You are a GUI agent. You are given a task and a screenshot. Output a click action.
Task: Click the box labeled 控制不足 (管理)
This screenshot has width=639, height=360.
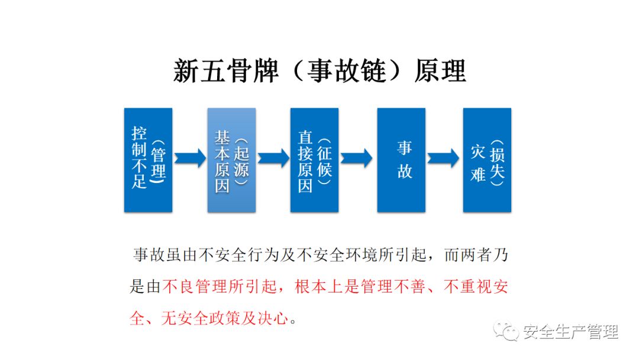coord(148,160)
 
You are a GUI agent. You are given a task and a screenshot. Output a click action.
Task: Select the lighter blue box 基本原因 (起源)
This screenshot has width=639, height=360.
coord(231,160)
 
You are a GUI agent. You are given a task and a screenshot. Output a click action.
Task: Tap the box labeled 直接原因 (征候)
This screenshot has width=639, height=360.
coord(314,160)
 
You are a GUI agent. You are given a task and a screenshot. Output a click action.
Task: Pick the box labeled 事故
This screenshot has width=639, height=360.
coord(401,160)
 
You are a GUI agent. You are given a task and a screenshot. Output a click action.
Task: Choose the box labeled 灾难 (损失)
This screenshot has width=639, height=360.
coord(487,160)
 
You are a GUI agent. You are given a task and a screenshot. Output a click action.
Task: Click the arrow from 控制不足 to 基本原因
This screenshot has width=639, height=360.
coord(190,158)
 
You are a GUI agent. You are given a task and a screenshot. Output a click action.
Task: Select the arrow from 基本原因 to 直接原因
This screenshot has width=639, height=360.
coord(273,158)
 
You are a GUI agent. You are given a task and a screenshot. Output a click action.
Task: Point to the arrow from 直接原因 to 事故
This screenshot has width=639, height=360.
coord(357,158)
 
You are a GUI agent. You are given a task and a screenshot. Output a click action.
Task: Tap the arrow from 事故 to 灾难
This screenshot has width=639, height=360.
coord(444,158)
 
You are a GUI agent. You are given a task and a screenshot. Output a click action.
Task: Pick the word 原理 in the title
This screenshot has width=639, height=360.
coord(441,71)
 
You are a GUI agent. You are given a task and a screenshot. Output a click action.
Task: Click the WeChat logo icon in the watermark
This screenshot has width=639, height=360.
coord(508,331)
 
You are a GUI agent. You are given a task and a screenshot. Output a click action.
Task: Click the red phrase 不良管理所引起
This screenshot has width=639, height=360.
coord(222,288)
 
